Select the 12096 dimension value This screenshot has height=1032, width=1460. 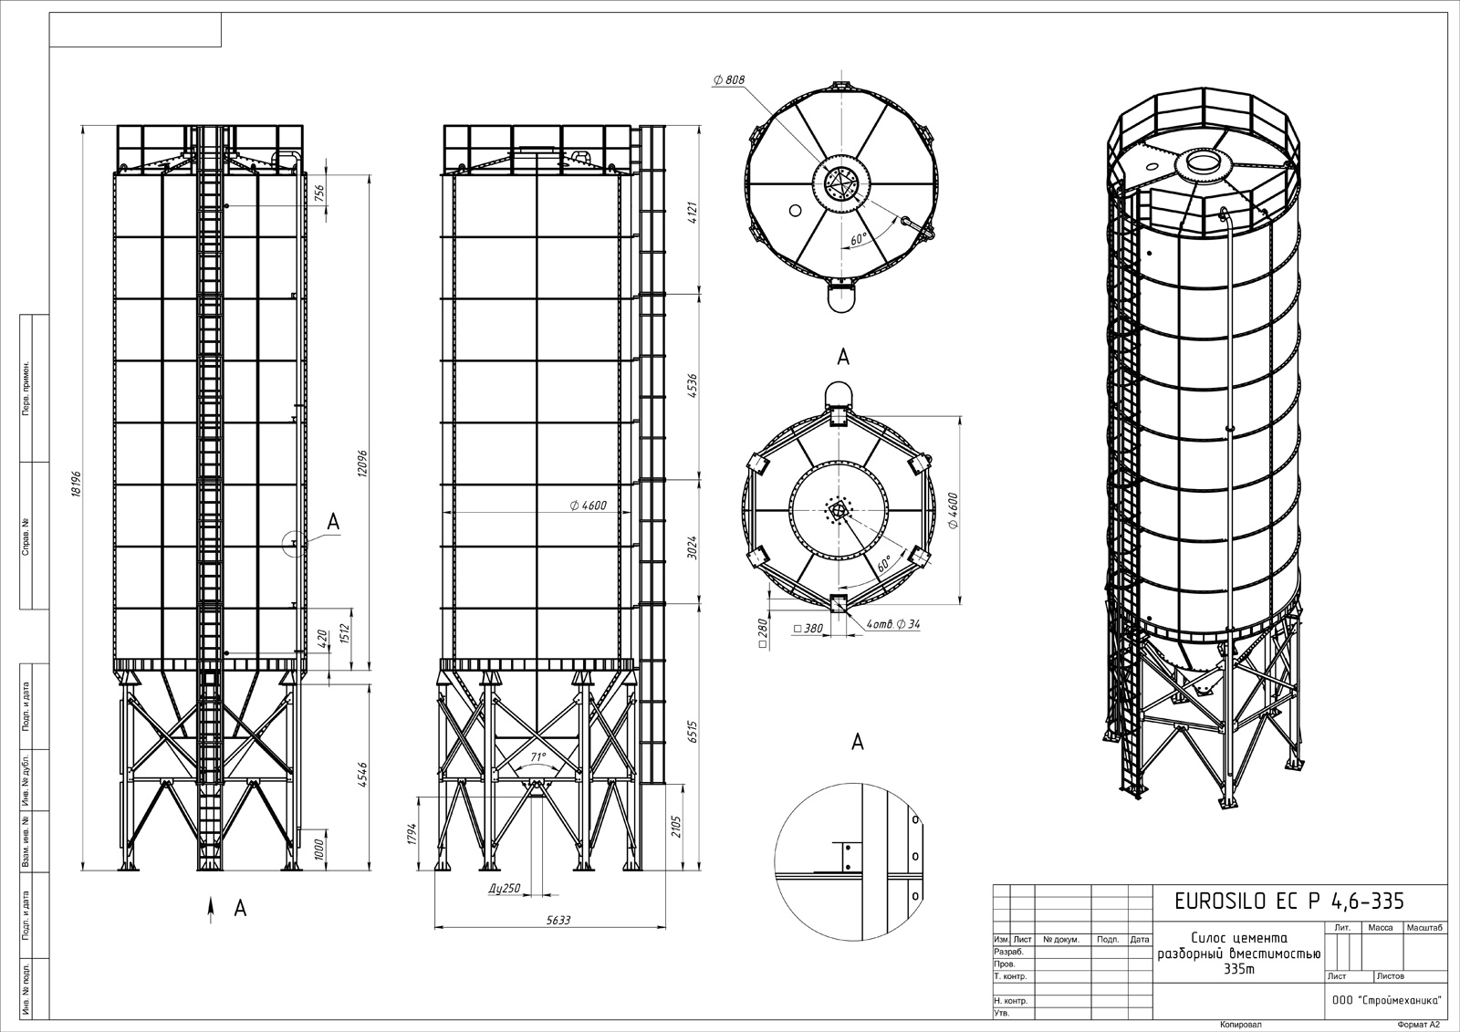click(x=363, y=464)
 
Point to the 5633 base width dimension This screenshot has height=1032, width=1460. click(x=558, y=920)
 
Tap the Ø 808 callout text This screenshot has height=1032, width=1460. click(x=729, y=80)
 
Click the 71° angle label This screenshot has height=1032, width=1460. click(x=537, y=756)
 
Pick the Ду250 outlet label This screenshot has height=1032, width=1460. click(x=505, y=888)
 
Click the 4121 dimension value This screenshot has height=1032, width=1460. click(x=693, y=213)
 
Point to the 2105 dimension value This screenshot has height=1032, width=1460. click(x=676, y=828)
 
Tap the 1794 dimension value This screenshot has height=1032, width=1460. click(x=412, y=834)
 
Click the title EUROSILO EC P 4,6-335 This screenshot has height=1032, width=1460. click(x=1289, y=901)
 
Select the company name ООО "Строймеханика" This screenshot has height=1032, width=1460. click(x=1386, y=1001)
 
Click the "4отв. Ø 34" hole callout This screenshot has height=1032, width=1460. click(x=893, y=624)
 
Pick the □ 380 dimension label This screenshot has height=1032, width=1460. click(x=808, y=629)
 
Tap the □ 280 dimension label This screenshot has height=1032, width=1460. click(x=763, y=634)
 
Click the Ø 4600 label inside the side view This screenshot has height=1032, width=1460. click(x=588, y=506)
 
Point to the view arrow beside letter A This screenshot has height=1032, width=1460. click(x=211, y=910)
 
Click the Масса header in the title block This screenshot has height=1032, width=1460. click(x=1381, y=927)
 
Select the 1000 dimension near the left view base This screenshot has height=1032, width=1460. click(x=319, y=850)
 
